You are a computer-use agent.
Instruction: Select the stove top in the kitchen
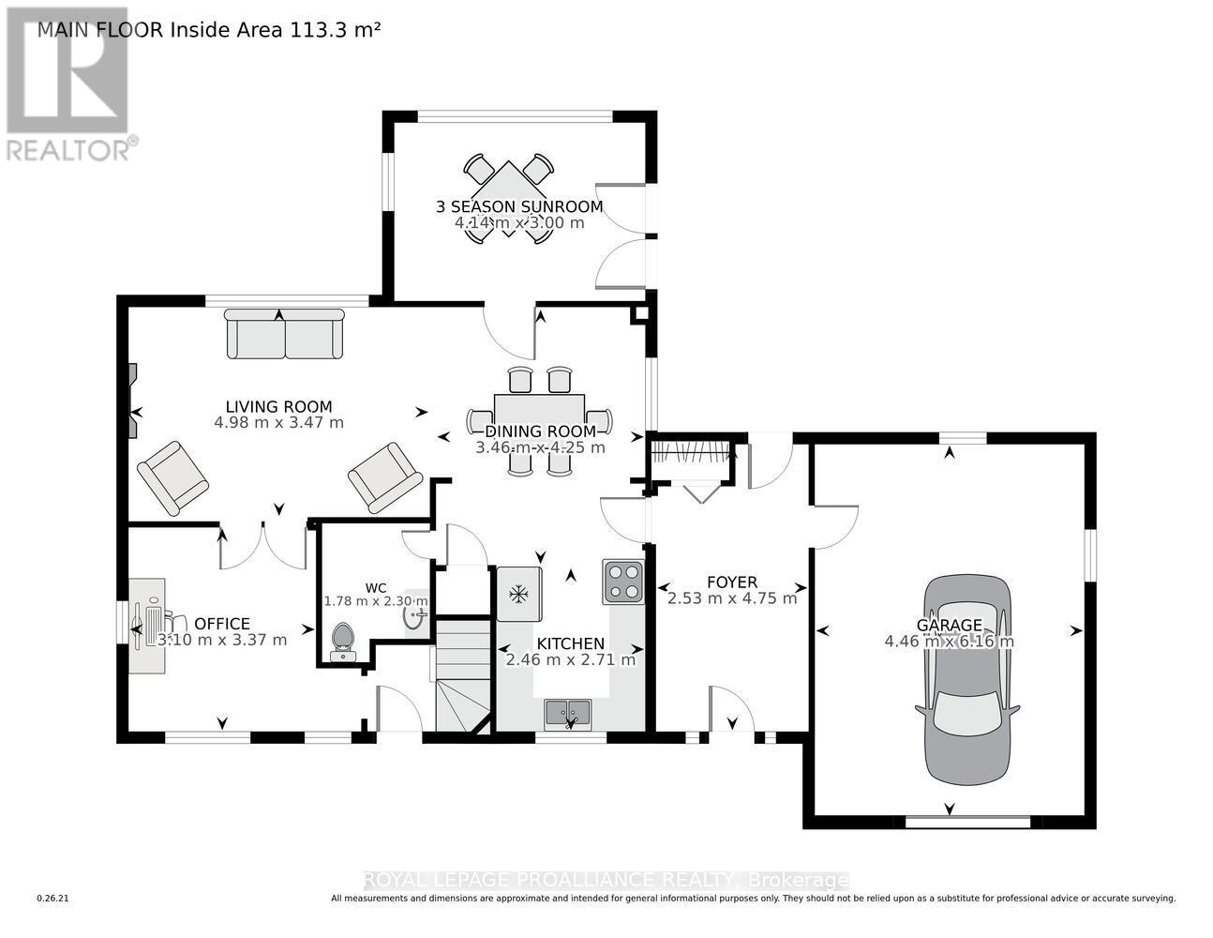[x=623, y=581]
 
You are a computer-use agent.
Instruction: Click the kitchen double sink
[x=567, y=713]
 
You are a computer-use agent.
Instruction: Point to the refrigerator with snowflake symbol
[x=519, y=594]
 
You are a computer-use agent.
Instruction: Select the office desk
[x=147, y=624]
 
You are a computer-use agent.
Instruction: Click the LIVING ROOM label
[x=278, y=406]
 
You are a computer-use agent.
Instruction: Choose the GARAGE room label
[x=949, y=625]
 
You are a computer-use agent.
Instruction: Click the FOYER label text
[x=731, y=582]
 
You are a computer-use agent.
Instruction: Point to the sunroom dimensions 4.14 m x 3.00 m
[x=519, y=223]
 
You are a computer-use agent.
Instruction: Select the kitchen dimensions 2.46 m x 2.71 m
[x=570, y=659]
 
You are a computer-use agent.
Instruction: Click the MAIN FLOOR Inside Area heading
[x=208, y=29]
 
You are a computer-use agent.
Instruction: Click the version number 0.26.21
[x=52, y=899]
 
